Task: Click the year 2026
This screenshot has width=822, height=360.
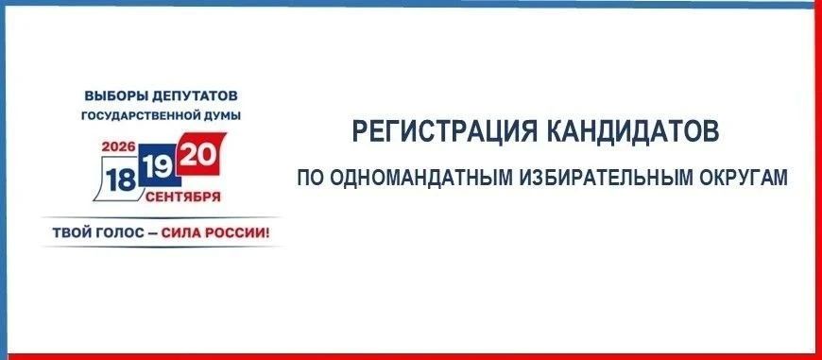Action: coord(118,146)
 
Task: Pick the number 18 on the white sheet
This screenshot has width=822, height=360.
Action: coord(121,180)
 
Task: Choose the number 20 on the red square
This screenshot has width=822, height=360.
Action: coord(197,155)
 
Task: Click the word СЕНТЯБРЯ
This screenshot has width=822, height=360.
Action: coord(183,197)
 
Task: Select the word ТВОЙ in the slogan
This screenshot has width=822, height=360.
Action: coord(69,231)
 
